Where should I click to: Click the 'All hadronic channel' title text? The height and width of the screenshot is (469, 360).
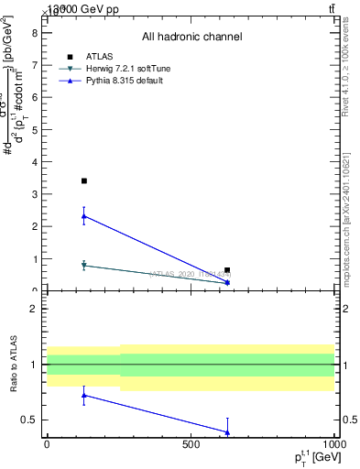click(191, 37)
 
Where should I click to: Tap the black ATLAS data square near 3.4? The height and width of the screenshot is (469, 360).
click(84, 181)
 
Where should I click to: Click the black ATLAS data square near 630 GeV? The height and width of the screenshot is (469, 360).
click(227, 270)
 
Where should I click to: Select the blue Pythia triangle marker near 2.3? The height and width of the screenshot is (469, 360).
click(84, 216)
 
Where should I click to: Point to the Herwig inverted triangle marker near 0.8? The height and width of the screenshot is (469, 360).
click(84, 266)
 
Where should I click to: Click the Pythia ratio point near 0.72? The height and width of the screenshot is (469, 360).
click(84, 396)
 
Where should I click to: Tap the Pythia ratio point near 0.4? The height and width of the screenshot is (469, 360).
click(227, 432)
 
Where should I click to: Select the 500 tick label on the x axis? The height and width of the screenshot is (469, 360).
click(191, 444)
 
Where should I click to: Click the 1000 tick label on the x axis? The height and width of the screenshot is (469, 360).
click(333, 444)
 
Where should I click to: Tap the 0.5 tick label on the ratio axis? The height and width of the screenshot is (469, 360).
click(30, 420)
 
